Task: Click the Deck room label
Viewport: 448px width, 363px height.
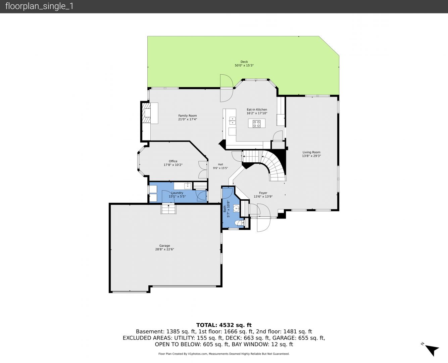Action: (x=244, y=62)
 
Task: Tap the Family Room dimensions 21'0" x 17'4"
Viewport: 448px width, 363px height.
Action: (x=187, y=119)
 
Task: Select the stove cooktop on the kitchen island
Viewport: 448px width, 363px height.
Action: (x=256, y=124)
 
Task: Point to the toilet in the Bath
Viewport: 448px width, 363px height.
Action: (x=240, y=223)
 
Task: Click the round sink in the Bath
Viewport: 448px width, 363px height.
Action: (x=237, y=209)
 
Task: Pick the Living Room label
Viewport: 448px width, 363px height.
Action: (x=311, y=152)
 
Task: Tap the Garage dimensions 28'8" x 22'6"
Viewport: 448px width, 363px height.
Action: (x=164, y=249)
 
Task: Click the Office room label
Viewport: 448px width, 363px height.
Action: (x=173, y=161)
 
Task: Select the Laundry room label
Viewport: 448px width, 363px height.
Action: (x=177, y=193)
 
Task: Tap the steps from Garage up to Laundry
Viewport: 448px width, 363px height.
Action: (x=168, y=209)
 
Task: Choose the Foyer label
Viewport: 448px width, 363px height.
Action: (x=263, y=193)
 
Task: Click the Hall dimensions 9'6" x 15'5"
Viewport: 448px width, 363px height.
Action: (x=220, y=168)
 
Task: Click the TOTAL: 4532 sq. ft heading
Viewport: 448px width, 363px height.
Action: (x=224, y=325)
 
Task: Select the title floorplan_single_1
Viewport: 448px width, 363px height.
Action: (x=39, y=6)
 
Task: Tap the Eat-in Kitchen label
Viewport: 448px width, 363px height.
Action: (x=257, y=110)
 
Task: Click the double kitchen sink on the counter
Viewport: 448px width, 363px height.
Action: (x=232, y=121)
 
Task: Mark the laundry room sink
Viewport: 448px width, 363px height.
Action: (x=187, y=186)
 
